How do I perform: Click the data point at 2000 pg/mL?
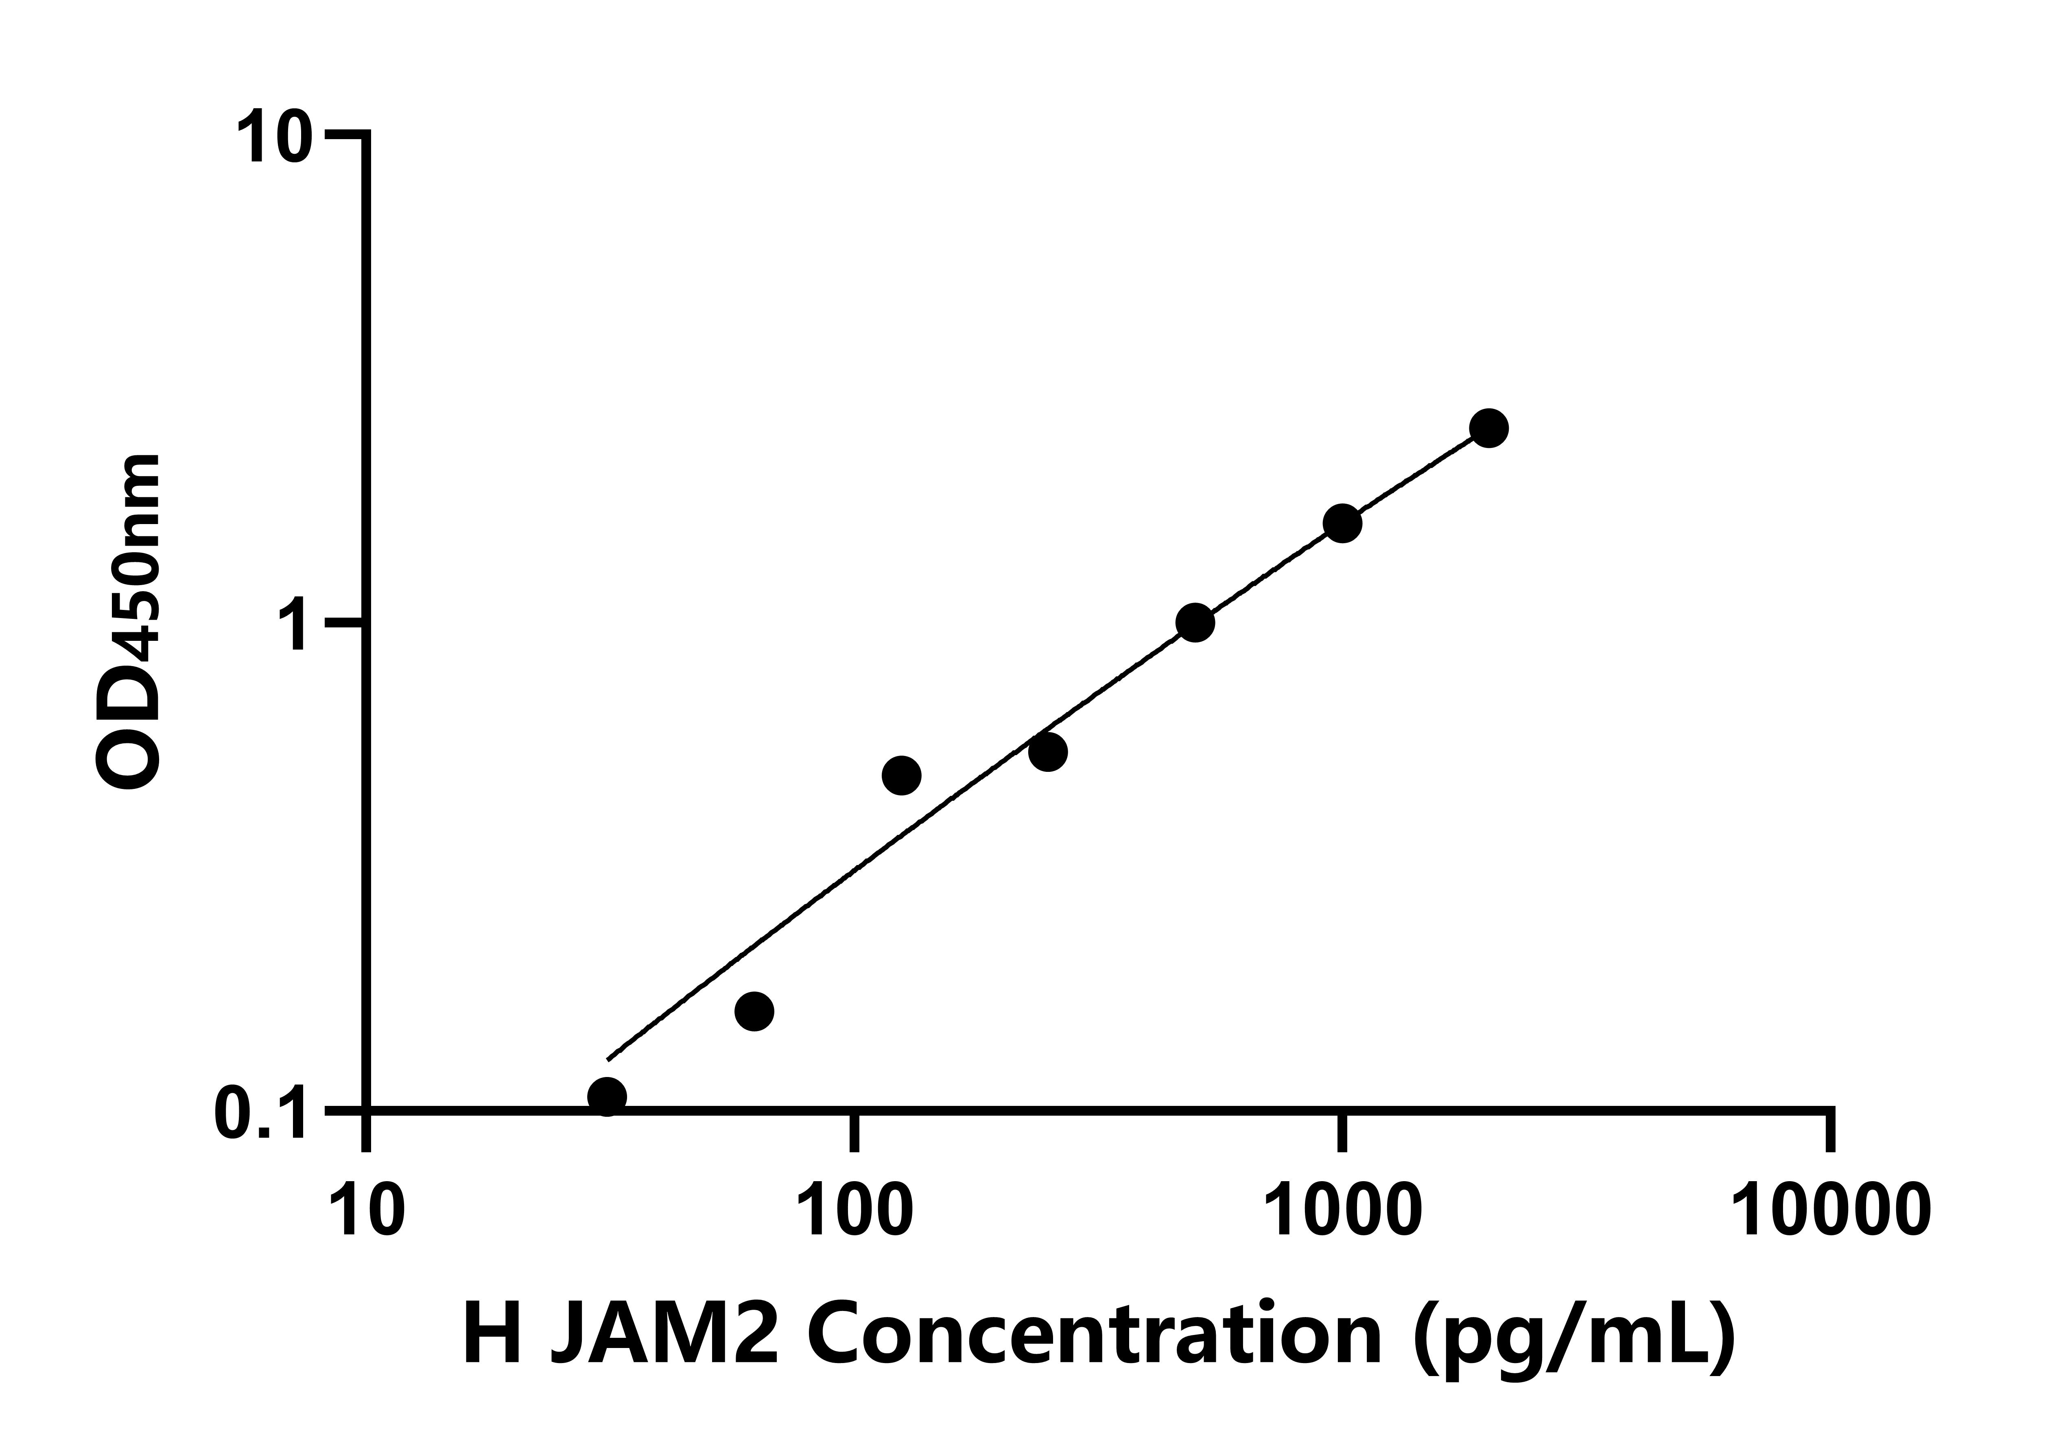tap(1489, 428)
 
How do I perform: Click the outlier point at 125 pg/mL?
tap(902, 775)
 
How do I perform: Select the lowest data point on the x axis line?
tap(608, 1097)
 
